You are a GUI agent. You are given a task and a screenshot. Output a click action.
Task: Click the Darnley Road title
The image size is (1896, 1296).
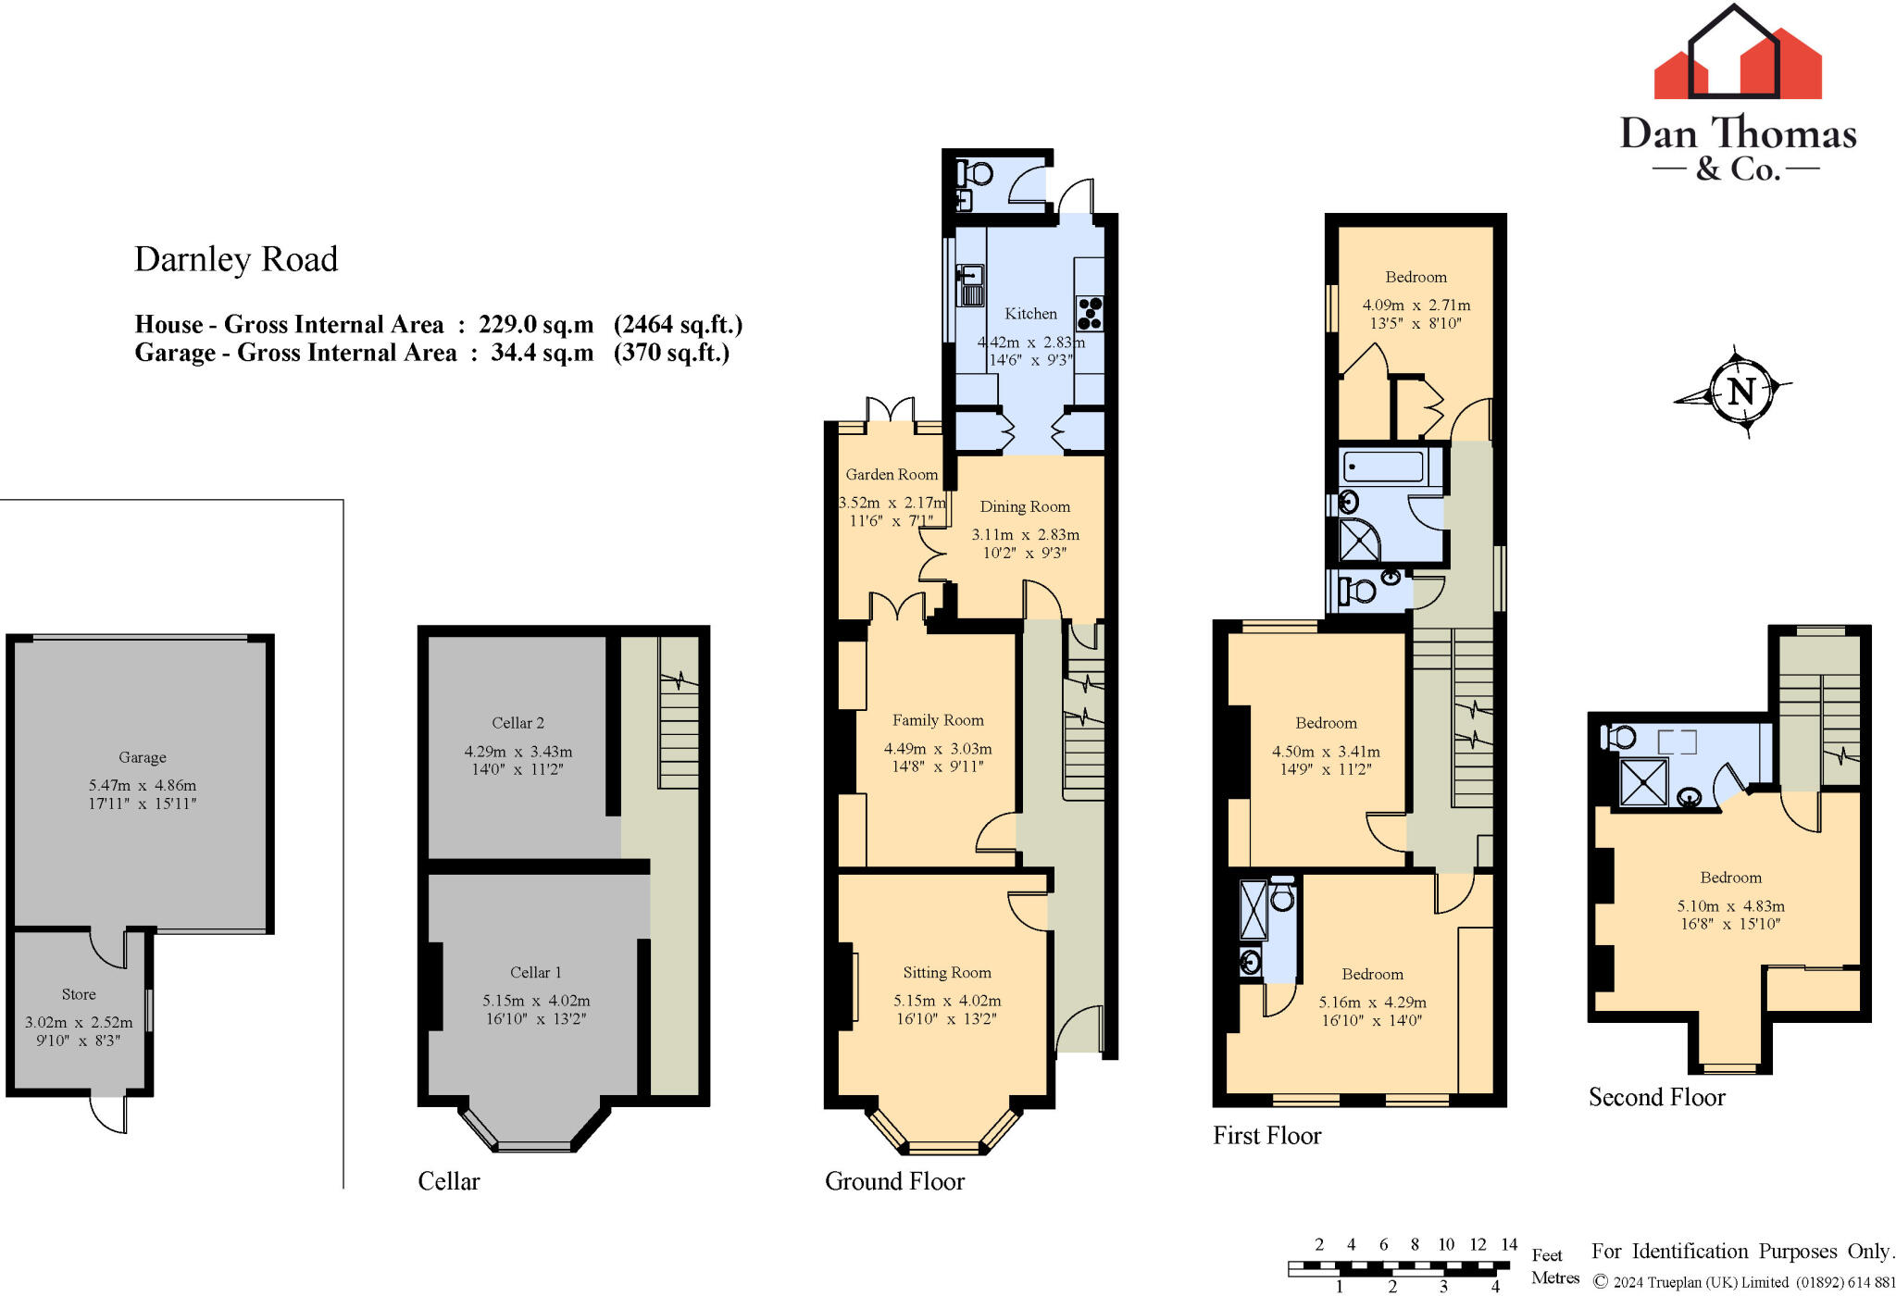point(236,259)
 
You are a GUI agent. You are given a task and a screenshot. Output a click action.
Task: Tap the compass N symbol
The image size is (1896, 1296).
point(1740,392)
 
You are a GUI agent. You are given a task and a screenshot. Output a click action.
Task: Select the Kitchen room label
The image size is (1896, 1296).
point(1030,314)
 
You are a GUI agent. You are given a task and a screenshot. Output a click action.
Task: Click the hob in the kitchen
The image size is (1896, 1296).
point(1090,312)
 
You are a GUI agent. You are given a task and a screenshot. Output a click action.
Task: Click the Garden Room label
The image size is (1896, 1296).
point(892,474)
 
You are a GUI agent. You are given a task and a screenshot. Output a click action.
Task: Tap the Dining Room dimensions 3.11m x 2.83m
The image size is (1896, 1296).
point(1025,535)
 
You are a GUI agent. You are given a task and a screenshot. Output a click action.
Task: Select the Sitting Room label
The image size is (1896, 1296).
point(947,972)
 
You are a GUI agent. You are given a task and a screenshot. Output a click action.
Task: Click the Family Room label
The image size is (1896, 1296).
point(938,720)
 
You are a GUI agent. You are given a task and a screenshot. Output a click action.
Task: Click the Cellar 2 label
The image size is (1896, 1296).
point(518,723)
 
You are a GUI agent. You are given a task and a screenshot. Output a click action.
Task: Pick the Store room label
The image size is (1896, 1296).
point(79,994)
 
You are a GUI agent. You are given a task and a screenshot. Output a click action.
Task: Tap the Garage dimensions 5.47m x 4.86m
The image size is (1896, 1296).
point(143,785)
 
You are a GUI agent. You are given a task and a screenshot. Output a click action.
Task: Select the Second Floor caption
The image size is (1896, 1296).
point(1657,1097)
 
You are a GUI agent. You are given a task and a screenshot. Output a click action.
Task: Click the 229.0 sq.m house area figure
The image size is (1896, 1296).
point(536,325)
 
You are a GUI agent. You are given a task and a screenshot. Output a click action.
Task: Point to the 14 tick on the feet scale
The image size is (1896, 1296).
point(1509,1245)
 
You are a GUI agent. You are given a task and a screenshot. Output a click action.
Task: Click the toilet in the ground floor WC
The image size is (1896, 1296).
point(977,173)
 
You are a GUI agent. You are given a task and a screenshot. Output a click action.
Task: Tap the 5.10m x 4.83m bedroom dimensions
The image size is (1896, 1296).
point(1730,906)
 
